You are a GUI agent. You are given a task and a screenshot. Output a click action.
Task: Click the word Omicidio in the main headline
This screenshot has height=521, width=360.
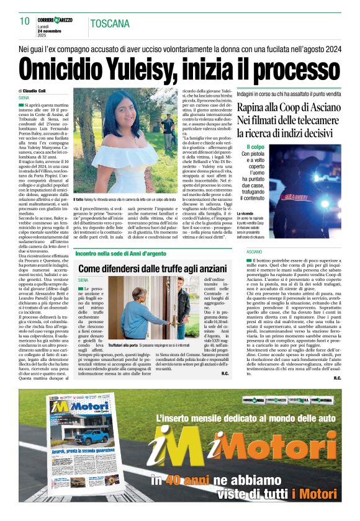point(62,68)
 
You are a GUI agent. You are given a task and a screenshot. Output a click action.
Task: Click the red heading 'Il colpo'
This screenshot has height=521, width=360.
point(256,146)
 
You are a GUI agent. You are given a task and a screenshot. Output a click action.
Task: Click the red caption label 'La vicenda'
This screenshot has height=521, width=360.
point(246,214)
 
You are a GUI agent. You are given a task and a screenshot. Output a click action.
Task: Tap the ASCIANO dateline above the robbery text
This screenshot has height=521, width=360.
point(245,252)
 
